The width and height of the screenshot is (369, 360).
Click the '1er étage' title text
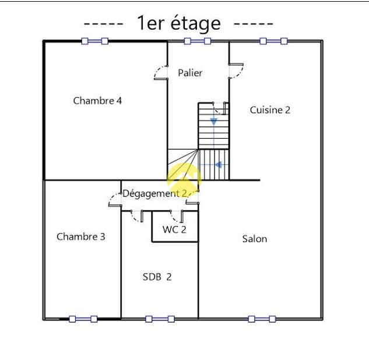click(178, 23)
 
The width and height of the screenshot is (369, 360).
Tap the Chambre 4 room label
click(97, 101)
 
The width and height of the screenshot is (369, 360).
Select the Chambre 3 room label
click(80, 237)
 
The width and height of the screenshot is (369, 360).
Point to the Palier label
click(190, 73)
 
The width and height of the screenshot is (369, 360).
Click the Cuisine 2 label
click(270, 110)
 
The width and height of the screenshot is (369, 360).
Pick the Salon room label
click(255, 239)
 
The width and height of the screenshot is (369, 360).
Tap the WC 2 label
click(174, 230)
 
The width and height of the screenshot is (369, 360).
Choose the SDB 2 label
click(157, 277)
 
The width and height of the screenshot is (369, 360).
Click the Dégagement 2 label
click(154, 194)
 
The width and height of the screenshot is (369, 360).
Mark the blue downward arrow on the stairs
click(214, 122)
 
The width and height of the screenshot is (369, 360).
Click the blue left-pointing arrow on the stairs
click(219, 165)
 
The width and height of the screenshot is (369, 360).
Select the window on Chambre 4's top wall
click(94, 41)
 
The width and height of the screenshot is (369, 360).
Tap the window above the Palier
click(197, 41)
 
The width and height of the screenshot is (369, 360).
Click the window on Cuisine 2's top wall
click(273, 41)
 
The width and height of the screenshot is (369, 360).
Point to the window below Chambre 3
click(83, 319)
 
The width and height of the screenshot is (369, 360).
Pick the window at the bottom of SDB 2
click(160, 319)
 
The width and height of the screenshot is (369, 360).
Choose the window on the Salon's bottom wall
click(262, 319)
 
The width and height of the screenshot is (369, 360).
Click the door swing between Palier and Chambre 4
click(157, 70)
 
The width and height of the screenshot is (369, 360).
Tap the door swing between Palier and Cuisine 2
click(240, 73)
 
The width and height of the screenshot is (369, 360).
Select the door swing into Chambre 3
click(112, 197)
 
